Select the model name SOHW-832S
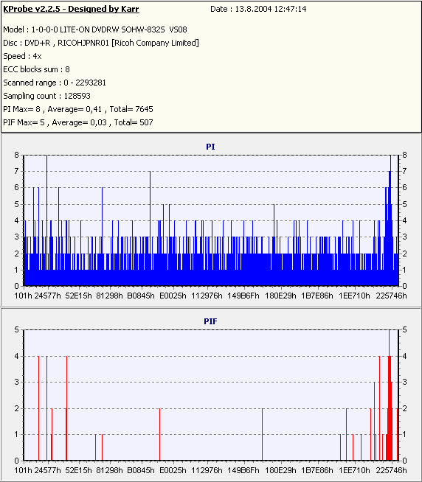click(143, 29)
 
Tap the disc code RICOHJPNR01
click(83, 43)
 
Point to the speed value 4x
click(37, 56)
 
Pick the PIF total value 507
click(146, 122)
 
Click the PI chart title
click(210, 147)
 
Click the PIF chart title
click(210, 321)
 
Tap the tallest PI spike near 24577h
click(46, 220)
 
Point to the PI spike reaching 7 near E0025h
click(150, 228)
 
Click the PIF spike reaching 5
click(390, 395)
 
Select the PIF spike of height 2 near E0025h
click(160, 434)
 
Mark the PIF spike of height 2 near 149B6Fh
click(262, 434)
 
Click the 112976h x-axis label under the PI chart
click(207, 296)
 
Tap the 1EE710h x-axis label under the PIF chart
click(354, 470)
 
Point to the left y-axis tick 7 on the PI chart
click(17, 171)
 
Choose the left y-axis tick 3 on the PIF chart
click(17, 382)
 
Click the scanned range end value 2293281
click(91, 83)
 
